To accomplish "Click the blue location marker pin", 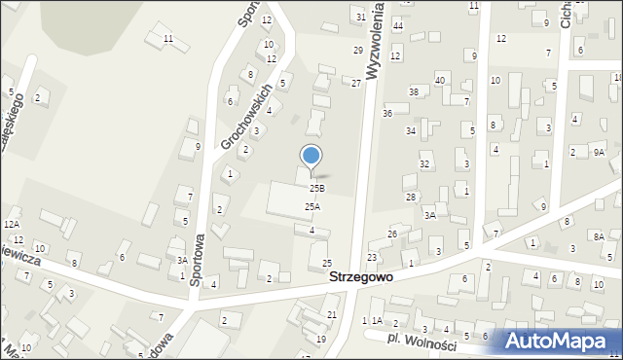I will pos(311,157).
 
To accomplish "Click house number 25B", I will pos(316,188).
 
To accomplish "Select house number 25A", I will pos(311,206).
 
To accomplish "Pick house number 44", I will pos(398,25).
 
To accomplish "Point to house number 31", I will pos(361,18).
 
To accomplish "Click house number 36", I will pos(387,114).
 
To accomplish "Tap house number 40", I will pos(440,80).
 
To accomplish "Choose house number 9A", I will pos(600,152).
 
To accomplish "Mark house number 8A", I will pos(600,236).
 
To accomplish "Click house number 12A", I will pos(11,224).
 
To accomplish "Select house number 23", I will pos(372,257).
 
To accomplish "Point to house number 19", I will pos(321,339).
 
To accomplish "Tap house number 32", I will pos(424,164).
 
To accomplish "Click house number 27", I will pos(356,84).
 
